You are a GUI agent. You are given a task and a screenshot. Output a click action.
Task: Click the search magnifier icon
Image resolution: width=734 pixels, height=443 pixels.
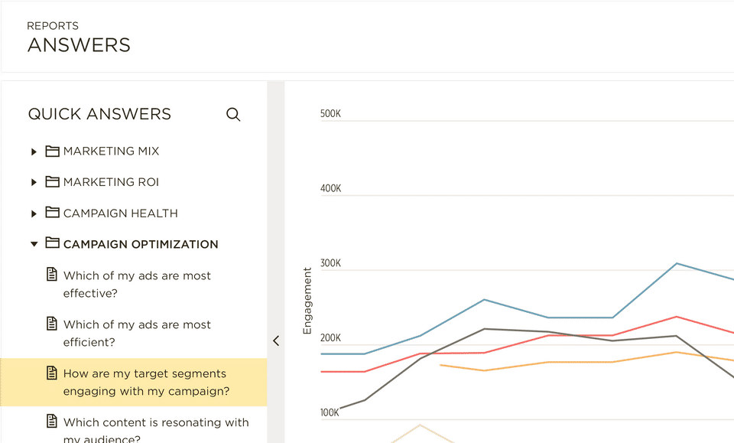233,115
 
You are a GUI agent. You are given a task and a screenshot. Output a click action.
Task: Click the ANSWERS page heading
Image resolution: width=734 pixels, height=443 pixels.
79,45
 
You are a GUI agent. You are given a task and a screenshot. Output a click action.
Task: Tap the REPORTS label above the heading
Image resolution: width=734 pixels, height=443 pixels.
53,26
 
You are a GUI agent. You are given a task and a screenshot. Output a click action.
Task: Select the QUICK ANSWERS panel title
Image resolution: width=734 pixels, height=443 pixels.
99,114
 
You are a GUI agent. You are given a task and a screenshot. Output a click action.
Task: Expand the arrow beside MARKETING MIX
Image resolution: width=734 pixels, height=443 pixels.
34,151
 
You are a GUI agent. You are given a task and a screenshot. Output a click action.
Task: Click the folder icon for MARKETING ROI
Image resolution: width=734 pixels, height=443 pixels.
52,182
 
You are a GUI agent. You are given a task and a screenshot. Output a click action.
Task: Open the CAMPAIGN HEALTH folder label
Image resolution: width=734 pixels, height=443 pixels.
120,213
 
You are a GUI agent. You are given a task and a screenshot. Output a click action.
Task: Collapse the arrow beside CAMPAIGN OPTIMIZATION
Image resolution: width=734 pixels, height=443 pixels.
34,244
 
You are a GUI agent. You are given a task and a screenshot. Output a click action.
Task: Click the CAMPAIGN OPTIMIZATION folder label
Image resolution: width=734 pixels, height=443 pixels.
141,244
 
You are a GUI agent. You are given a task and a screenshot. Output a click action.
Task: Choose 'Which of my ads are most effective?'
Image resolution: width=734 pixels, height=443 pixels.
137,284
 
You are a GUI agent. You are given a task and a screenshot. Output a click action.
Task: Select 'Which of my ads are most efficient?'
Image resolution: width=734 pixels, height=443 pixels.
137,333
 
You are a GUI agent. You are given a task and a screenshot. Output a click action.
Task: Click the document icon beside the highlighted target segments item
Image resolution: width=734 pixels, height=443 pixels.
52,373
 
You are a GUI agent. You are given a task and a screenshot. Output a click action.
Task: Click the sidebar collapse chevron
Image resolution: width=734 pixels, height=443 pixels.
276,341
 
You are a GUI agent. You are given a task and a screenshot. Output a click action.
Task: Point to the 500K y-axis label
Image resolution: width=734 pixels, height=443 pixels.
330,114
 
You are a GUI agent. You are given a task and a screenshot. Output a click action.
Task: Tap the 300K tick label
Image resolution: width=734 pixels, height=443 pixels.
330,264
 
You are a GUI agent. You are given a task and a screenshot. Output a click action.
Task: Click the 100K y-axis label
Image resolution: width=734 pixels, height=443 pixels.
330,413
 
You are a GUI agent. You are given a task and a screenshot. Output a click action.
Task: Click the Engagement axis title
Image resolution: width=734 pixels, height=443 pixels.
308,301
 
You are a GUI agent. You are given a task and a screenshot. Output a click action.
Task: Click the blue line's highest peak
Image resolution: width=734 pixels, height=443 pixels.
677,263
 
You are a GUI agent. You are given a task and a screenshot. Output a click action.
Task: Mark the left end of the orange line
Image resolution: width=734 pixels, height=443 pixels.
440,365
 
